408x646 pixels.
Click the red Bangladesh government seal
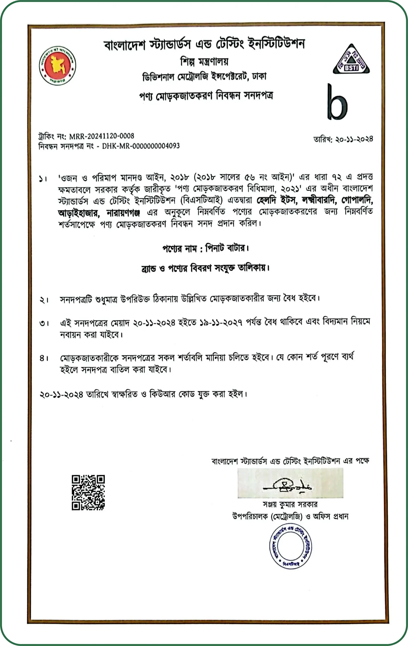tap(57, 66)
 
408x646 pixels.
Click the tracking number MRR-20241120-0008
tap(102, 136)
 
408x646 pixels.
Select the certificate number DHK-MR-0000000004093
tap(141, 146)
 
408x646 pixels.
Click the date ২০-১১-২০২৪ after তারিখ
tap(354, 139)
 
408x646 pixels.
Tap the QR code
tap(88, 493)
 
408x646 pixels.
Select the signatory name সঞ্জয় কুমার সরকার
tap(290, 505)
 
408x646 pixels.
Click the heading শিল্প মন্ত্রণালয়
tap(204, 62)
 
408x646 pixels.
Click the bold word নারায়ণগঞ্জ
tap(123, 213)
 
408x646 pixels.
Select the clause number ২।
tap(44, 300)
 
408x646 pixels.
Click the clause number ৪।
tap(44, 358)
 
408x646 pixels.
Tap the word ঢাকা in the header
tap(259, 77)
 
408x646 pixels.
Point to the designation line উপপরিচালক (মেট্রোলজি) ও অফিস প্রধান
tap(290, 517)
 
